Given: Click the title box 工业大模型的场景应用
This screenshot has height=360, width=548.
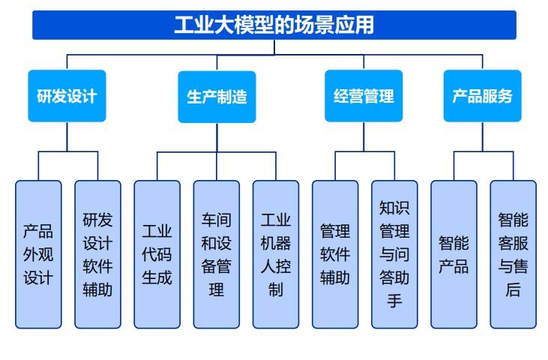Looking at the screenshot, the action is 274,25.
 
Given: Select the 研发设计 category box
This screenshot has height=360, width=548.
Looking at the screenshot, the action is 67,96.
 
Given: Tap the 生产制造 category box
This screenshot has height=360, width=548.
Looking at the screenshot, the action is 217,97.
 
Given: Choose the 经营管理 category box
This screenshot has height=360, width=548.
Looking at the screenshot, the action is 364,96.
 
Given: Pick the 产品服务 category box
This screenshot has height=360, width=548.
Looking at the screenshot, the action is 483,96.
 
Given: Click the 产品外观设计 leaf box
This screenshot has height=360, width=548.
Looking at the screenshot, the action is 38,254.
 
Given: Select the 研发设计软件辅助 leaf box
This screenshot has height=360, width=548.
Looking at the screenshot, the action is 98,254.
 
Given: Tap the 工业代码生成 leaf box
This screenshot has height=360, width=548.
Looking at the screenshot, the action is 157,254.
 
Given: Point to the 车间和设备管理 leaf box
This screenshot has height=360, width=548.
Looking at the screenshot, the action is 217,254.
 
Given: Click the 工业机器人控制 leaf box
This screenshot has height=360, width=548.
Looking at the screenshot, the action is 276,254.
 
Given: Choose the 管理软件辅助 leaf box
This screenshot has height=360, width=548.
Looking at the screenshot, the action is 336,254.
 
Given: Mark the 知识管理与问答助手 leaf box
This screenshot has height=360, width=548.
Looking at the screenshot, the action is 395,254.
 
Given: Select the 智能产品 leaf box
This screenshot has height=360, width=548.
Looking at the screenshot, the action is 454,254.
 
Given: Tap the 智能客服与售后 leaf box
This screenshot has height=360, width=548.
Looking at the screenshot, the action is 514,254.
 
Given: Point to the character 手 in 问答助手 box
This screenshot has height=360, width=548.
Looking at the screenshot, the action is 394,301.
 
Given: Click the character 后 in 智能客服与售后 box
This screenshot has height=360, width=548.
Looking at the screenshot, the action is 513,289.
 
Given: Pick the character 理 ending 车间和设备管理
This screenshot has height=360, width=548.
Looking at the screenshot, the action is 217,289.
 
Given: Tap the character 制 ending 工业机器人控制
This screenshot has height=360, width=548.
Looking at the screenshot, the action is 276,289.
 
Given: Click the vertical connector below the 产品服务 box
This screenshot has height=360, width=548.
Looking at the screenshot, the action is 483,136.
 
